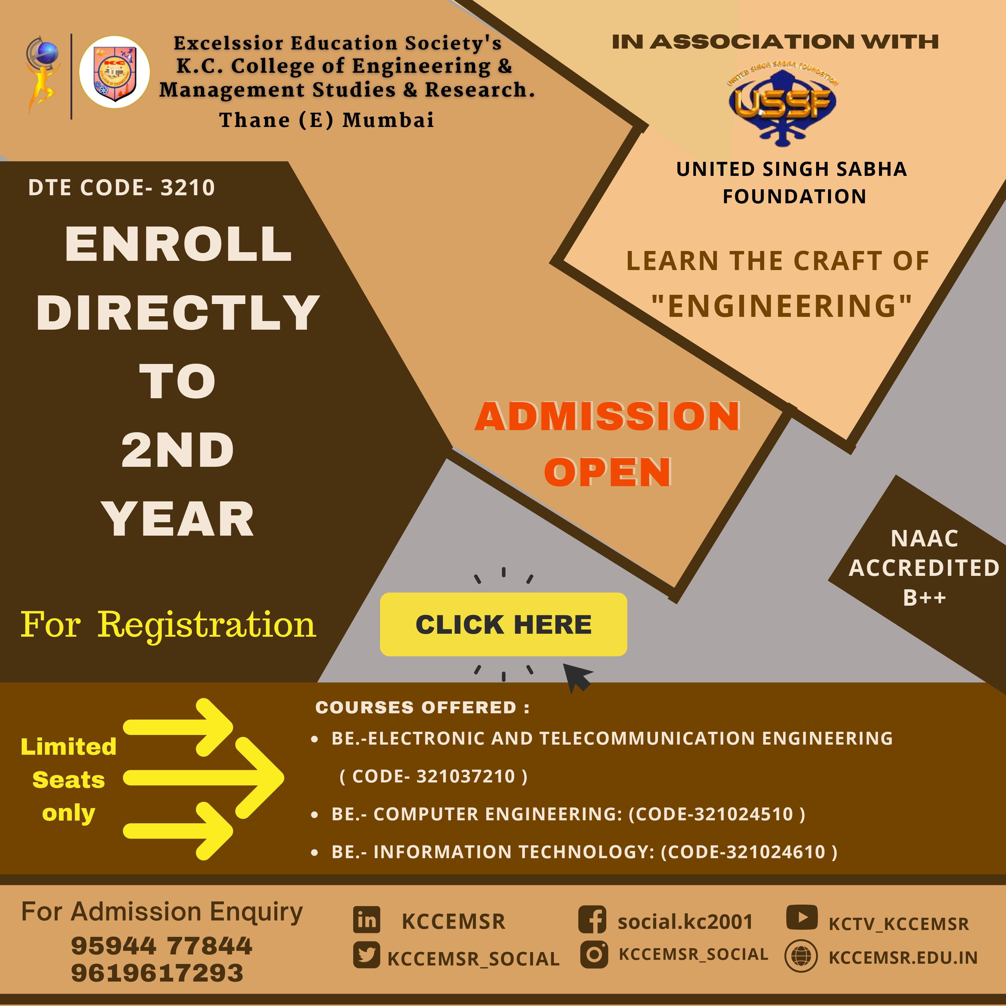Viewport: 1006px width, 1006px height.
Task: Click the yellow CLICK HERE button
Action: coord(503,624)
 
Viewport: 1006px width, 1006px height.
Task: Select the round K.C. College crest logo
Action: coord(114,72)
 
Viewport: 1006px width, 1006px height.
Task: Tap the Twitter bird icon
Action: coord(367,956)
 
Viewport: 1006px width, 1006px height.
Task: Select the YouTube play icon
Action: coord(802,917)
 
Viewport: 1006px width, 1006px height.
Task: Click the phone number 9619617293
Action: coord(157,973)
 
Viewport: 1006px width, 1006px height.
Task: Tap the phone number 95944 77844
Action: coord(162,945)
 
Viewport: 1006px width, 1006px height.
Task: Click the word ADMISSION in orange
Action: coord(608,417)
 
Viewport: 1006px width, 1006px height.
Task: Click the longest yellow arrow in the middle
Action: coord(203,778)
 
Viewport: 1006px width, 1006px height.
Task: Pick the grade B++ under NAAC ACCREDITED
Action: coord(924,597)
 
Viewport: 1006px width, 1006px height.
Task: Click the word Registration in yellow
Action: coord(207,625)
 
